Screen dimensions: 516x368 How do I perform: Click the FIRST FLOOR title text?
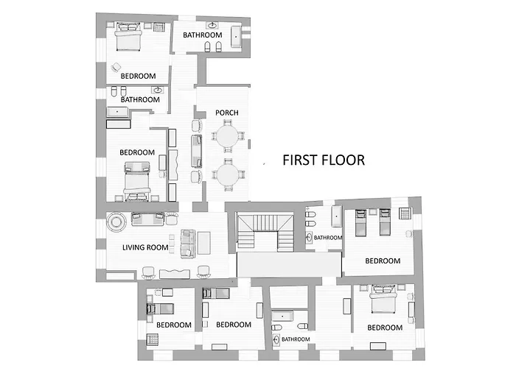click(324, 160)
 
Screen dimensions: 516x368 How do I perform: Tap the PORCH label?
click(227, 113)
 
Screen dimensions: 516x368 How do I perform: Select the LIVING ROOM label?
click(145, 247)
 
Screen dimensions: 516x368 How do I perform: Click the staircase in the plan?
click(265, 233)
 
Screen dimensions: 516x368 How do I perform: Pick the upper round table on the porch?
click(227, 136)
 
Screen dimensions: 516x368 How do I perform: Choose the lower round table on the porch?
click(227, 175)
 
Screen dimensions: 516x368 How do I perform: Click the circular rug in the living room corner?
click(116, 222)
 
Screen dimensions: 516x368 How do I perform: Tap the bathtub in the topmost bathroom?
click(236, 37)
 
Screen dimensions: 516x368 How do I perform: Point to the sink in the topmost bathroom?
click(212, 25)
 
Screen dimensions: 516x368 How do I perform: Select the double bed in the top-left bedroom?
click(128, 37)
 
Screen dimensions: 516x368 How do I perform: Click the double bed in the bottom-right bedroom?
click(383, 299)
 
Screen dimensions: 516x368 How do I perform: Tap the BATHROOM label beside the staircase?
click(328, 238)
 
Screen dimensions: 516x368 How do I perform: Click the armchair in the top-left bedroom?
click(116, 68)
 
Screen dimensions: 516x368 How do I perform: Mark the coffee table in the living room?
click(204, 243)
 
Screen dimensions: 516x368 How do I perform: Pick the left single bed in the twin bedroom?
click(360, 222)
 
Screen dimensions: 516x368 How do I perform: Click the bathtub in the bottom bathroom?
click(282, 316)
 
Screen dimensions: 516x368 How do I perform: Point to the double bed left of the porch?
click(137, 181)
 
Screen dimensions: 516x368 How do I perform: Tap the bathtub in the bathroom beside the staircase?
click(337, 216)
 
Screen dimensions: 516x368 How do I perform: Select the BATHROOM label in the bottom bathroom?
click(296, 339)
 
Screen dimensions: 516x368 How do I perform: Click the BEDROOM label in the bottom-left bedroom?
click(174, 325)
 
